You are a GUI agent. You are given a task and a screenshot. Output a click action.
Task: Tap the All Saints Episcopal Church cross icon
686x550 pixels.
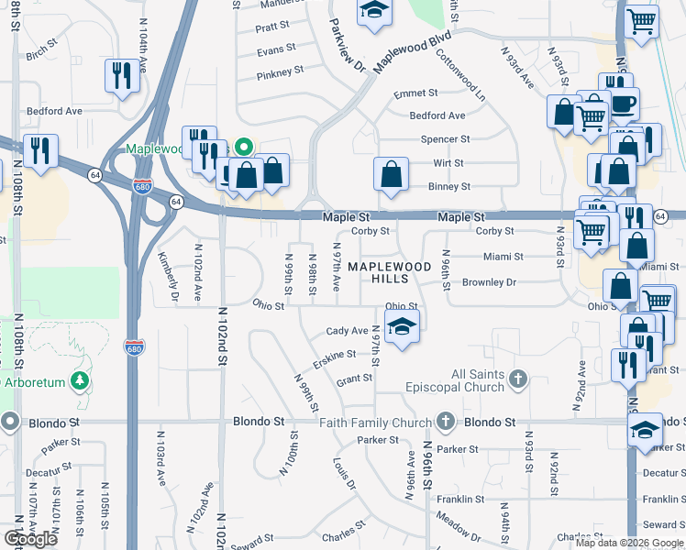(x=518, y=378)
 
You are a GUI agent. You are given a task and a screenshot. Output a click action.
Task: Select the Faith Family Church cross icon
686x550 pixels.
(x=446, y=422)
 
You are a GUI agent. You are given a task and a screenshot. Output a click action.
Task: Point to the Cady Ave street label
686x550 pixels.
(x=348, y=331)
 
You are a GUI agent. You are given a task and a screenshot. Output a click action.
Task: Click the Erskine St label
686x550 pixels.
(x=334, y=355)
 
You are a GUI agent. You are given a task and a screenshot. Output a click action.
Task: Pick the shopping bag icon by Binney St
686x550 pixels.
(x=391, y=172)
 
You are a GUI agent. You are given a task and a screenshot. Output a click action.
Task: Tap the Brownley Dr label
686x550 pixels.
(x=489, y=282)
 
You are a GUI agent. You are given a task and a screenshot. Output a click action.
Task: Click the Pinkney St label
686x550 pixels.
(x=280, y=72)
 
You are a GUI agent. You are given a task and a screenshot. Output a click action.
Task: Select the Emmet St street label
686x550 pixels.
(x=415, y=94)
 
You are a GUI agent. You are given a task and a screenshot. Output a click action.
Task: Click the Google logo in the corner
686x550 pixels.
(x=31, y=539)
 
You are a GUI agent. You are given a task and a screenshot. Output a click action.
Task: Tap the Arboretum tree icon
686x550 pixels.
(x=81, y=380)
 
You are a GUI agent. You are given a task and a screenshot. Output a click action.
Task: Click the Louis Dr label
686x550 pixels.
(x=344, y=472)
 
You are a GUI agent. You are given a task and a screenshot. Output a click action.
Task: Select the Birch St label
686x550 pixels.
(x=41, y=55)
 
